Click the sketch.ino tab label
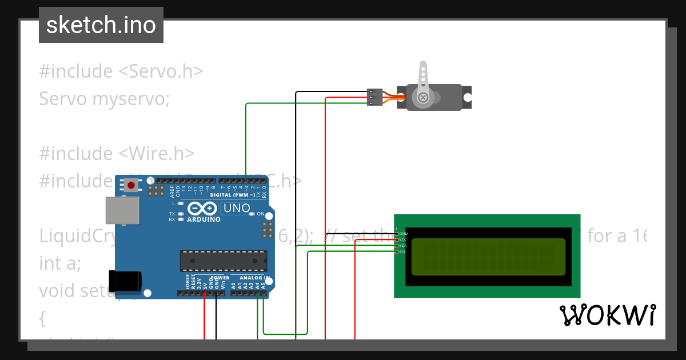tap(101, 25)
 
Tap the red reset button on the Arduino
tap(132, 185)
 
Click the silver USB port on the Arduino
tap(122, 210)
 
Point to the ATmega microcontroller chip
tap(223, 261)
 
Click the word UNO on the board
tap(236, 208)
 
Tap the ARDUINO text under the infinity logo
tap(203, 219)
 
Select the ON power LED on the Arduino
tap(252, 214)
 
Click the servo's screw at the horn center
tap(423, 97)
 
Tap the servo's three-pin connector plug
tap(374, 97)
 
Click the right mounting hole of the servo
tap(468, 97)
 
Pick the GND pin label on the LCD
tap(403, 234)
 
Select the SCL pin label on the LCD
tap(402, 252)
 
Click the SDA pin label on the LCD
tap(402, 246)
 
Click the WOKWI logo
tap(607, 315)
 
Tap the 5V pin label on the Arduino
tap(205, 283)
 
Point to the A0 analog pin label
tap(233, 283)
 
